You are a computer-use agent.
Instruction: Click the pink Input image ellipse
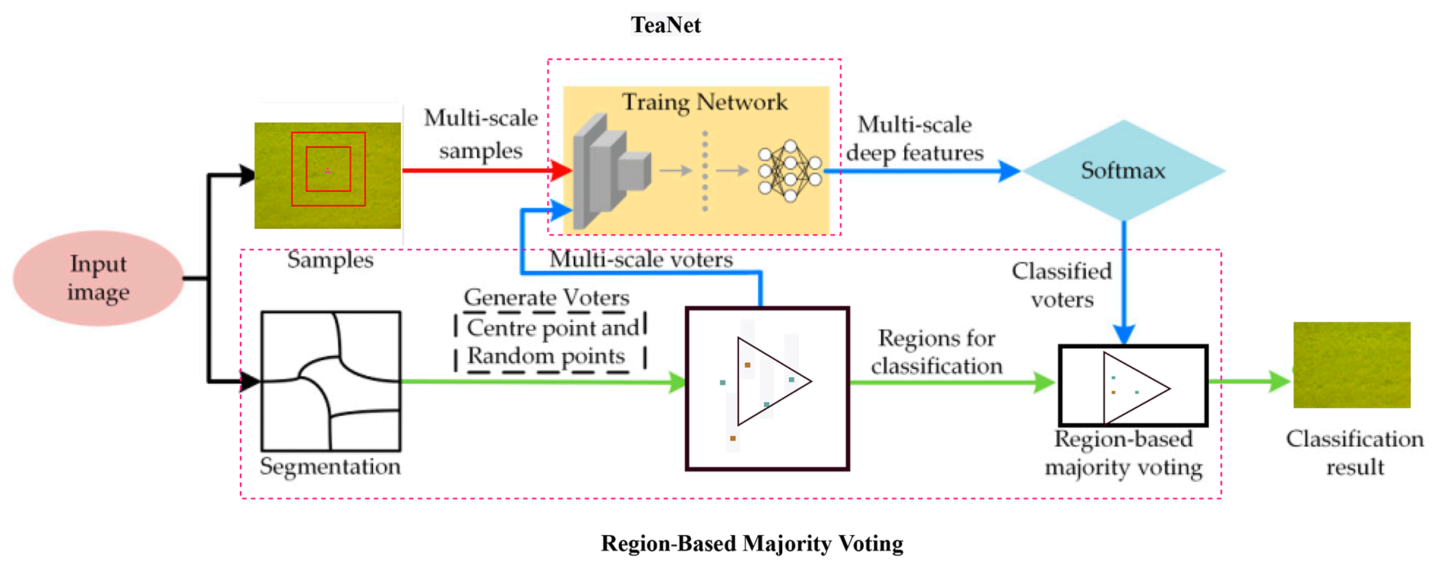98,278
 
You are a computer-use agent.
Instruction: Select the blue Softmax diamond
1123,171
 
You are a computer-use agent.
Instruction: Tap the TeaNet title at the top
666,25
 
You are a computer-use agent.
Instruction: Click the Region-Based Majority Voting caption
752,543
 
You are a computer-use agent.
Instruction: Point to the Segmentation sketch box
330,380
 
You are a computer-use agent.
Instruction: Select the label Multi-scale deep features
915,138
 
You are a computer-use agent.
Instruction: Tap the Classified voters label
1062,285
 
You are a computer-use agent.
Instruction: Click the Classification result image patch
1352,364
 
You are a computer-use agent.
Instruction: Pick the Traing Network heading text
704,103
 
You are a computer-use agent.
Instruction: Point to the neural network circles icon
789,171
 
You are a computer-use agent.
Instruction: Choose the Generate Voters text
547,298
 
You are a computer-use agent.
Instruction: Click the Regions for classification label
936,352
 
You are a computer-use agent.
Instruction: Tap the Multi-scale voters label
641,260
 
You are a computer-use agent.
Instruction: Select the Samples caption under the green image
330,260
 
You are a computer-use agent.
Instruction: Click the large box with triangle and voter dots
767,388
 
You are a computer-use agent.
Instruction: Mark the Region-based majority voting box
1133,385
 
